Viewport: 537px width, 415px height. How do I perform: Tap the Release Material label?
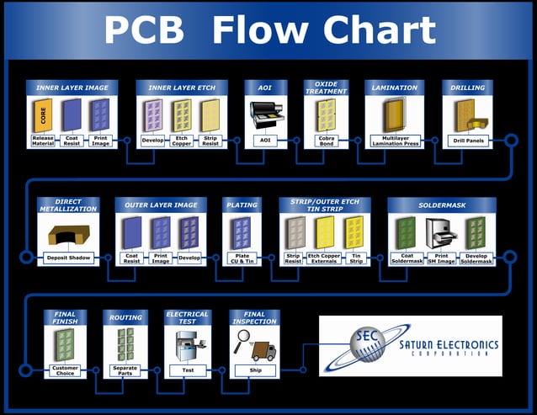pyautogui.click(x=43, y=140)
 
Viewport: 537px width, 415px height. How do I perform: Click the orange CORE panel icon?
pyautogui.click(x=44, y=114)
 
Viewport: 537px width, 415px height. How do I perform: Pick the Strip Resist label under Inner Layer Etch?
pyautogui.click(x=210, y=140)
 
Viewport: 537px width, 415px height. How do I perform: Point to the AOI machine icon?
pyautogui.click(x=266, y=114)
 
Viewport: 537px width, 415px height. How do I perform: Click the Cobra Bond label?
pyautogui.click(x=326, y=140)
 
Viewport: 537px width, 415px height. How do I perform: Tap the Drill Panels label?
pyautogui.click(x=467, y=141)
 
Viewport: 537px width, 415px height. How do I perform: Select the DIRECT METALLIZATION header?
pyautogui.click(x=69, y=205)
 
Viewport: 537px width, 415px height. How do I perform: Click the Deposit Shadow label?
pyautogui.click(x=69, y=258)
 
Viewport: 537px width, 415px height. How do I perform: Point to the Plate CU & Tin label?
pyautogui.click(x=242, y=258)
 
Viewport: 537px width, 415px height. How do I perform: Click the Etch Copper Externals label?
pyautogui.click(x=324, y=258)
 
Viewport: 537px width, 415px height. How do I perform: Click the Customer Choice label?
pyautogui.click(x=65, y=370)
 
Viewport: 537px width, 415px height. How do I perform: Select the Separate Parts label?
pyautogui.click(x=125, y=370)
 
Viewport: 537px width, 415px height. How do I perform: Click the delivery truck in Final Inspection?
pyautogui.click(x=263, y=348)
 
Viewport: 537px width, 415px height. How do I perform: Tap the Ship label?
pyautogui.click(x=254, y=370)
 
